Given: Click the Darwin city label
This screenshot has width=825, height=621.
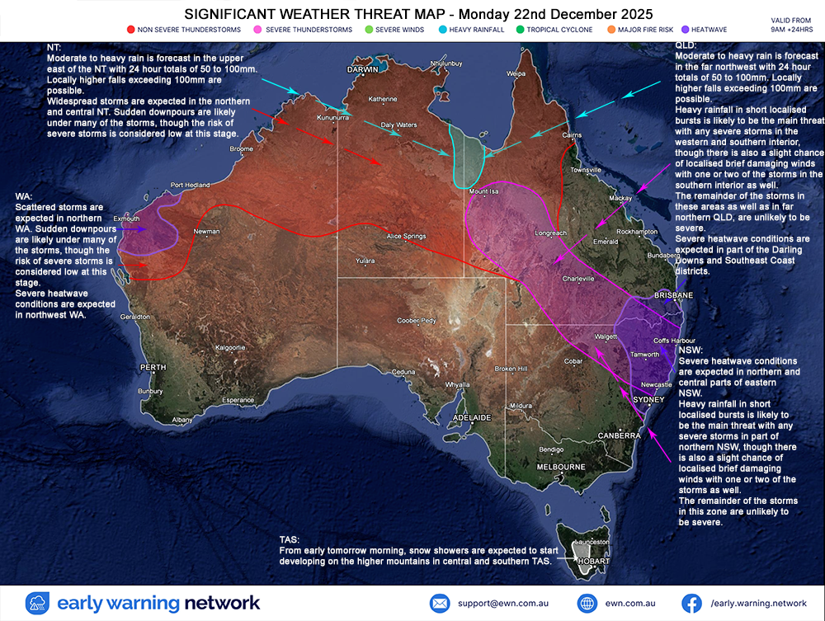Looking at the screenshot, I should (362, 70).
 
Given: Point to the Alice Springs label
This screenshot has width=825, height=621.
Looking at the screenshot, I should (406, 237).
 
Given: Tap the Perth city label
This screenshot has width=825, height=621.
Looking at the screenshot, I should (153, 367).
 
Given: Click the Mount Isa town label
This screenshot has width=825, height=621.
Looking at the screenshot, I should (484, 191).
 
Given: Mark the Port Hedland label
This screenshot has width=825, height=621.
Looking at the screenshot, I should (190, 186).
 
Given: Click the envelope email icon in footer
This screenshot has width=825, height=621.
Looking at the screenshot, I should (439, 603).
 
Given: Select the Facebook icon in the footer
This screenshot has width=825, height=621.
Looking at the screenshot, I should (691, 603).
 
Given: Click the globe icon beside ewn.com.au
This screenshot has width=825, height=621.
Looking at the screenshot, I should (587, 603).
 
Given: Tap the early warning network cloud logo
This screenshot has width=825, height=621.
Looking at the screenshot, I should (38, 603).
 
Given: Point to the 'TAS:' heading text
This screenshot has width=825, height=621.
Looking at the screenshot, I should (291, 539).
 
